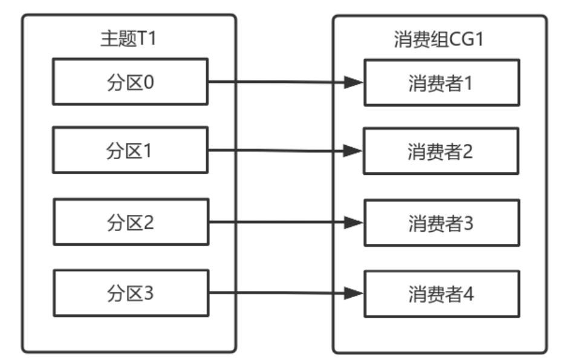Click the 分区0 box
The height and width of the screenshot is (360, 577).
pos(130,82)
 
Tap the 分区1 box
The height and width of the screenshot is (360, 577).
pos(130,151)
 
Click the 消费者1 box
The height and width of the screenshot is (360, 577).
pos(441,82)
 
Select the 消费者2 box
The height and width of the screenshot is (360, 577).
pos(441,151)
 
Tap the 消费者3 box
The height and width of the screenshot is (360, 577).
pos(441,223)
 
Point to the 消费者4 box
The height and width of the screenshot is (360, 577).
pos(441,294)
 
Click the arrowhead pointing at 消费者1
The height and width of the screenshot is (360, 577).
pos(353,82)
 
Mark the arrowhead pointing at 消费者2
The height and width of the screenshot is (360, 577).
pos(353,151)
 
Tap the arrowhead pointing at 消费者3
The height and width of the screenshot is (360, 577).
pos(353,223)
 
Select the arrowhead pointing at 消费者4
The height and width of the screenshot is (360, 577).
pos(353,294)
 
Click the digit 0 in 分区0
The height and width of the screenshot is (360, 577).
pos(149,82)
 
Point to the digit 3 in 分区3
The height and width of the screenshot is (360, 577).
pos(149,294)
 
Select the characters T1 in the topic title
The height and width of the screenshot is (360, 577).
pos(149,39)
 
